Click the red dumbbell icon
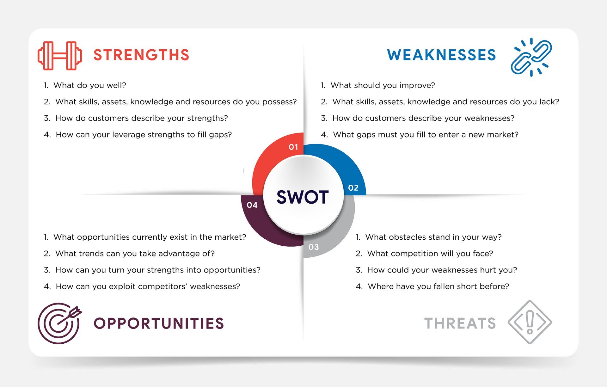[x=60, y=56]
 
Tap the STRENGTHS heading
[x=141, y=55]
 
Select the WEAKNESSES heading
[x=442, y=55]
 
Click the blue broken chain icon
[x=531, y=57]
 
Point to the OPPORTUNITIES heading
[x=159, y=323]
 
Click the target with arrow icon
[x=59, y=323]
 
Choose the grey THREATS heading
[x=460, y=323]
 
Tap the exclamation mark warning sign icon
[x=530, y=322]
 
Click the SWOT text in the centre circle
[x=303, y=197]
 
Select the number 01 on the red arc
[x=293, y=147]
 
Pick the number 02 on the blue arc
[x=353, y=188]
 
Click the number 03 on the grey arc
[x=314, y=247]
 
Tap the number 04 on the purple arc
[x=252, y=205]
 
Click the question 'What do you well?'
[x=90, y=85]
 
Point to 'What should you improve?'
[x=383, y=85]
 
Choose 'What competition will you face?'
[x=430, y=254]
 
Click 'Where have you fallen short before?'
[x=438, y=286]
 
